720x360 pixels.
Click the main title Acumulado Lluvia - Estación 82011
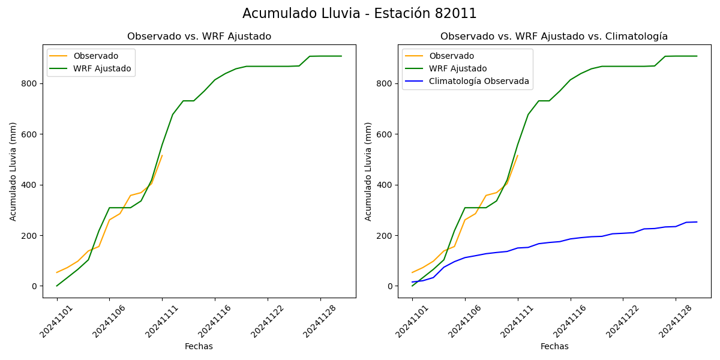(x=359, y=14)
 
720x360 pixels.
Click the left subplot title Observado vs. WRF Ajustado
(x=199, y=37)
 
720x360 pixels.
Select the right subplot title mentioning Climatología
(x=554, y=37)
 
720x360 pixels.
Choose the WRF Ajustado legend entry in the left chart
(x=102, y=68)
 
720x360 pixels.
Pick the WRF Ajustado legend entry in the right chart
(x=458, y=68)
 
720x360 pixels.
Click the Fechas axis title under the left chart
(x=199, y=346)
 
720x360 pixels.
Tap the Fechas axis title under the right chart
(x=554, y=346)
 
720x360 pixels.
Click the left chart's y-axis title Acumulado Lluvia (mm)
(x=13, y=171)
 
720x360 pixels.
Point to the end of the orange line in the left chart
(x=162, y=155)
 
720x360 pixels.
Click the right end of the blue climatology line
(x=697, y=222)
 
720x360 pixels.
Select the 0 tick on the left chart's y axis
(x=35, y=286)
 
